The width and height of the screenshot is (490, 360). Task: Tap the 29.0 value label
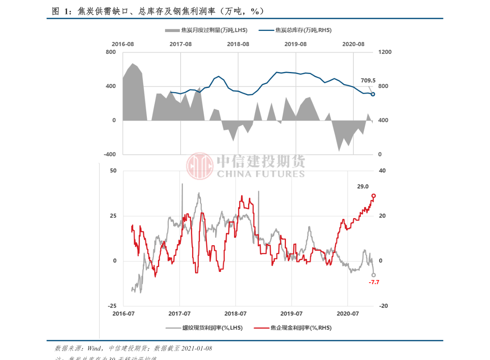click(x=363, y=186)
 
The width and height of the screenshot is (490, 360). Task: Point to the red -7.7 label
click(x=374, y=282)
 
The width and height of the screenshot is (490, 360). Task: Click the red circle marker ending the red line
click(x=374, y=196)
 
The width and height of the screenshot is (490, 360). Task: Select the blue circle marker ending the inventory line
click(x=373, y=94)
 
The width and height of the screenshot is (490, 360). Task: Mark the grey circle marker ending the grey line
click(x=374, y=275)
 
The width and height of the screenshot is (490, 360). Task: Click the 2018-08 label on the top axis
click(x=238, y=44)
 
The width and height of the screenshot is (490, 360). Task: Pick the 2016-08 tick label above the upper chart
click(x=123, y=44)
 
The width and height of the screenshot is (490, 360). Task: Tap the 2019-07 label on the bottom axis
click(x=292, y=314)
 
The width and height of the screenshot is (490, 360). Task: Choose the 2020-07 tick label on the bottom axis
click(x=348, y=314)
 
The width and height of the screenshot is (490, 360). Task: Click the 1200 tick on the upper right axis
click(x=385, y=52)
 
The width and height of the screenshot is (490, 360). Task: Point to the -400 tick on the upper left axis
click(x=110, y=154)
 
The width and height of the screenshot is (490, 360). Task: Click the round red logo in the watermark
click(x=200, y=166)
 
